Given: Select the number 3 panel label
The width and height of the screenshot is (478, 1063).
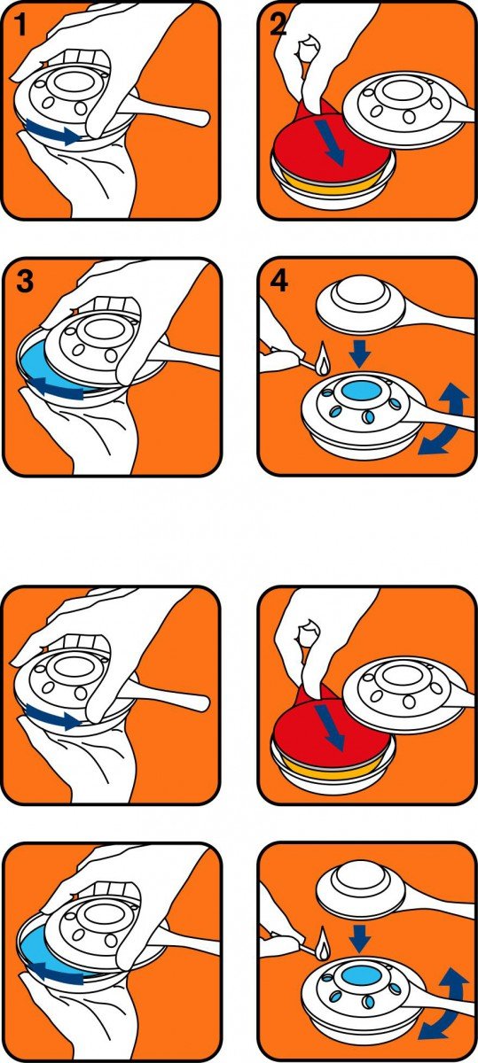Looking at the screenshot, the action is coord(25,281).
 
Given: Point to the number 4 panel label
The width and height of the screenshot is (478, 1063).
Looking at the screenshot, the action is coord(279,281).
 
